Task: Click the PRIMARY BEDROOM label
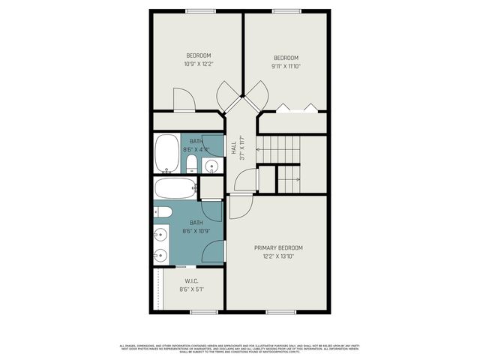(x=278, y=247)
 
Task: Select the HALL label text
(x=233, y=148)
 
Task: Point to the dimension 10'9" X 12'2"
(x=198, y=64)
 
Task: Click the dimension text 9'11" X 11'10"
(x=286, y=66)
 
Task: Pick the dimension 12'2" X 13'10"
(x=278, y=256)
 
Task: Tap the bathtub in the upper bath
(x=166, y=154)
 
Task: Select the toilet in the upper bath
(x=191, y=164)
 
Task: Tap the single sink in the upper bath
(x=212, y=165)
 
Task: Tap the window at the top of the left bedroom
(x=198, y=10)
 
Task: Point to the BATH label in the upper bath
(x=196, y=141)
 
